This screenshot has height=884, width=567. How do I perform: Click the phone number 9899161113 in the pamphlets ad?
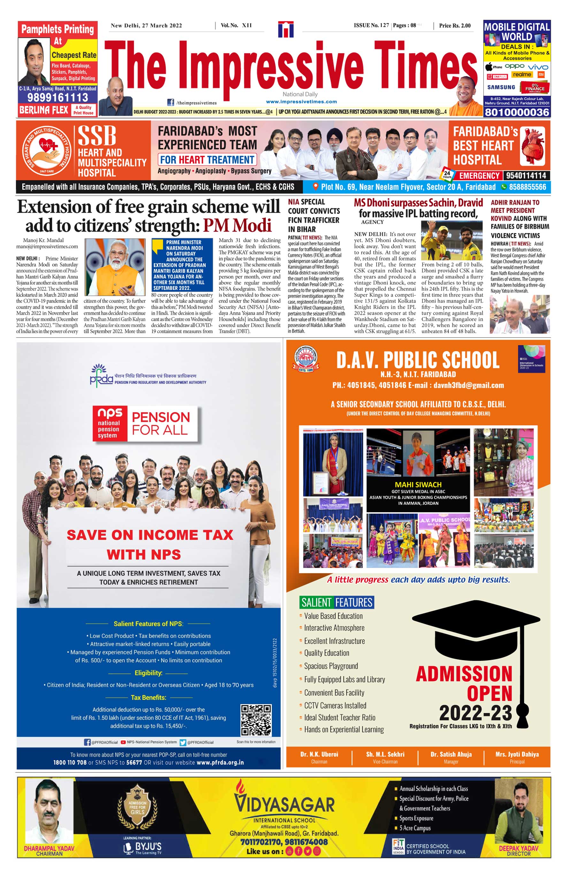(x=58, y=97)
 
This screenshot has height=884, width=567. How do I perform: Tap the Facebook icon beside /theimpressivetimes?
(x=171, y=102)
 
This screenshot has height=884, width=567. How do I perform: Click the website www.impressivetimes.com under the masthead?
(x=301, y=102)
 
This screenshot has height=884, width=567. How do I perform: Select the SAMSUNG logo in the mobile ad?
(x=501, y=87)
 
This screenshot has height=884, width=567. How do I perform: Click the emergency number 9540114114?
(x=526, y=176)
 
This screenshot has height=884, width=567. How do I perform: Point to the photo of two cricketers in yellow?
(x=452, y=240)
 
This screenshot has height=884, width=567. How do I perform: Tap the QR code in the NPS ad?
(x=256, y=720)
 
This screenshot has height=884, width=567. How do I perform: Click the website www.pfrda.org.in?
(x=220, y=763)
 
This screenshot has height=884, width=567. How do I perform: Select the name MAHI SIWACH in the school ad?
(x=418, y=484)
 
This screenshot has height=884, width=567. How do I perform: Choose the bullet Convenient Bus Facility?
(x=334, y=692)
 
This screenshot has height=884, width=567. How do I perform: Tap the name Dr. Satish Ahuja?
(x=451, y=754)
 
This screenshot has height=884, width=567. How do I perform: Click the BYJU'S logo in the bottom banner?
(x=143, y=847)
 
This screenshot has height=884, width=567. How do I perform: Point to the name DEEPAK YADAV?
(x=518, y=848)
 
